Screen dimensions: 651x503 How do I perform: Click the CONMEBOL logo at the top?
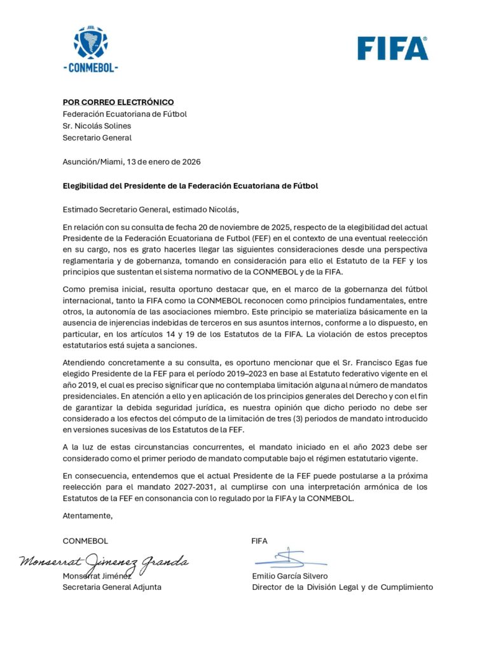pos(91,49)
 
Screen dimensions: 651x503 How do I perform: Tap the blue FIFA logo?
pos(392,48)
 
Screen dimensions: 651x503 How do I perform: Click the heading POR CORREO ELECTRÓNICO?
pos(118,102)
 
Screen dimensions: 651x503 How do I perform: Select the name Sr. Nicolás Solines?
pos(97,126)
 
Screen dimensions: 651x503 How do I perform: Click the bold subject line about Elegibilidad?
pos(190,186)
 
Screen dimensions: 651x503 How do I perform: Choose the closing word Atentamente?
pos(87,516)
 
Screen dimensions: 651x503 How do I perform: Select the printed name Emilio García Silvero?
pos(290,576)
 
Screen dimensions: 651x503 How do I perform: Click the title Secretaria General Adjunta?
pos(111,587)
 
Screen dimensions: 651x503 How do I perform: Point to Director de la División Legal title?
pos(342,587)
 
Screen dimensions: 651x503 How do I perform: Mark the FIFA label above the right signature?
pos(259,541)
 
